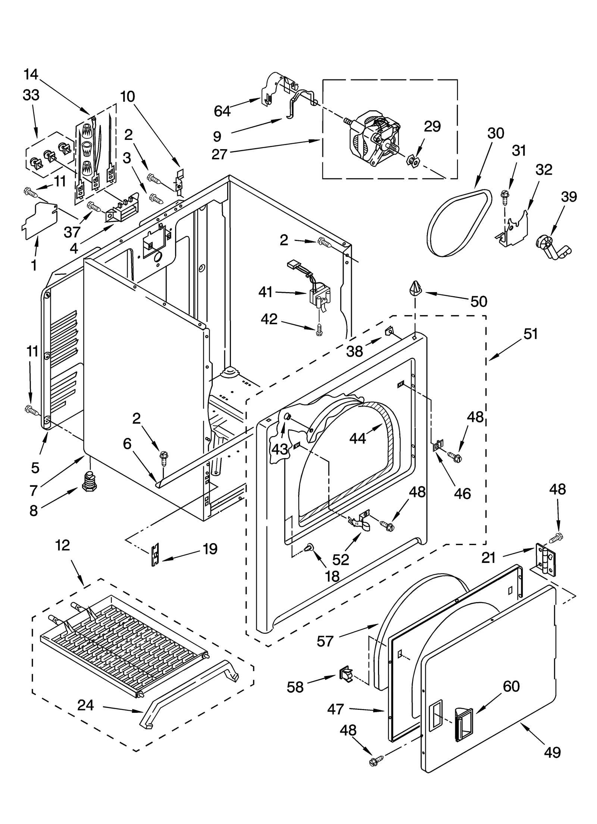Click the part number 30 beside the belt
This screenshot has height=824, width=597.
pyautogui.click(x=496, y=133)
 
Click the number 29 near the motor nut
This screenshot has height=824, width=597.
pyautogui.click(x=432, y=126)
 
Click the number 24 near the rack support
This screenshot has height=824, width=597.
pyautogui.click(x=85, y=705)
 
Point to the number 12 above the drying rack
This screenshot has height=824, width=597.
pyautogui.click(x=62, y=545)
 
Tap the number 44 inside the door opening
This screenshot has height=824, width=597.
pyautogui.click(x=357, y=438)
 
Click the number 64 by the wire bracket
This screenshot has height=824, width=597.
pyautogui.click(x=222, y=111)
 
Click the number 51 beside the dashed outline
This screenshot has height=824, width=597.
pyautogui.click(x=530, y=334)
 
